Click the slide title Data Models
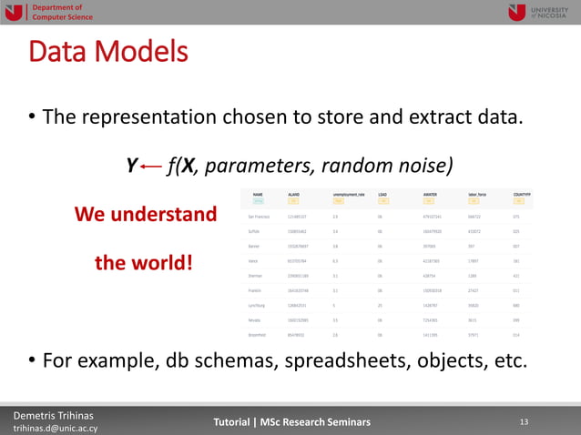point(108,51)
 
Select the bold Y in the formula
point(131,166)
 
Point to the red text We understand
point(145,215)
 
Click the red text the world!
point(144,263)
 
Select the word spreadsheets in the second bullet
point(341,360)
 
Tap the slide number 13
point(523,421)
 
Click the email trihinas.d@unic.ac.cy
point(56,428)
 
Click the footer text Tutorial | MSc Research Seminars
point(291,421)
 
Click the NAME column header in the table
point(258,194)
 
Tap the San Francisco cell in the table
point(258,217)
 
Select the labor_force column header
point(479,194)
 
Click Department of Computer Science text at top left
point(62,12)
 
